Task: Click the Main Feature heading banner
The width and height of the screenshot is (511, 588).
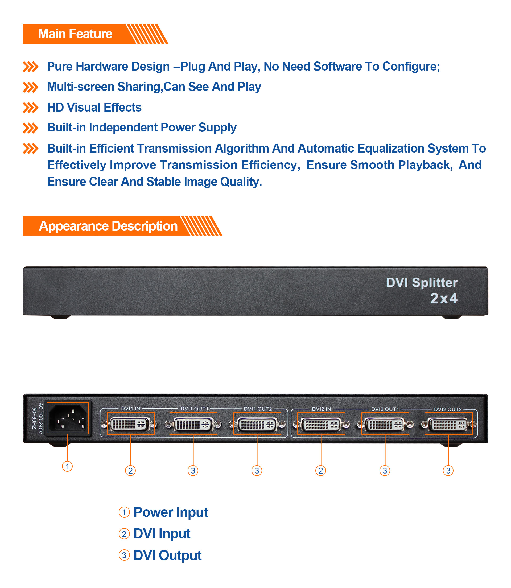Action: tap(75, 34)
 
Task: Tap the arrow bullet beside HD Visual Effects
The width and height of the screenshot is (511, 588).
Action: tap(30, 108)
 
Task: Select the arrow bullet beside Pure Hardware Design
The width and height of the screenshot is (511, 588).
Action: tap(30, 67)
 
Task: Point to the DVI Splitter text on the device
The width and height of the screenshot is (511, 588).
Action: tap(422, 283)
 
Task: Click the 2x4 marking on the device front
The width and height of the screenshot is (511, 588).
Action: tap(444, 298)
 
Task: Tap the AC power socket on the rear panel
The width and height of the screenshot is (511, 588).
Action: tap(68, 418)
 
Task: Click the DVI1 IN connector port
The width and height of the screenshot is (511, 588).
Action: tap(130, 424)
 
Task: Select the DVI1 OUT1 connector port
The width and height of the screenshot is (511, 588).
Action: tap(193, 425)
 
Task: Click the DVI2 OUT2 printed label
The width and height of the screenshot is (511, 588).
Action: tap(448, 409)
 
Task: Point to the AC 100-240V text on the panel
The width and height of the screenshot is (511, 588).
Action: tap(40, 418)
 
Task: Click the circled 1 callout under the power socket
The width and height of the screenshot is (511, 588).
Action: tap(67, 467)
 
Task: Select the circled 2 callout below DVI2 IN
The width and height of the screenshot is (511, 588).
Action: tap(320, 471)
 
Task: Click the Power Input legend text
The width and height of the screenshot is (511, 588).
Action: tap(171, 512)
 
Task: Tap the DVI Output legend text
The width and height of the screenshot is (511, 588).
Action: tap(167, 556)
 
